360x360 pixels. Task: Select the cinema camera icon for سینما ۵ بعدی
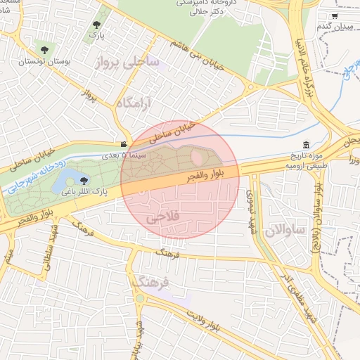[x=124, y=143]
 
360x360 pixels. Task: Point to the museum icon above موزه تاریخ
[x=305, y=144]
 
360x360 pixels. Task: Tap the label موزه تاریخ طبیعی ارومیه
[x=305, y=160]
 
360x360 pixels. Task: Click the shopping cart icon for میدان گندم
[x=335, y=15]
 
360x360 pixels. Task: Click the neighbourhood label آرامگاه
[x=134, y=104]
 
